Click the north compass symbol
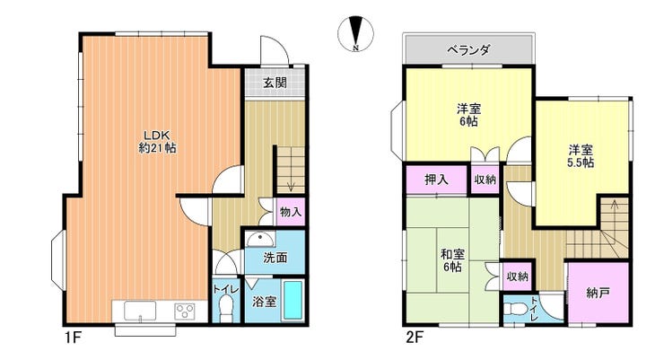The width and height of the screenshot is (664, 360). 355,34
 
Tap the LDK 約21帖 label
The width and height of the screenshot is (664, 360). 158,142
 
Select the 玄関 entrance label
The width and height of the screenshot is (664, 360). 275,83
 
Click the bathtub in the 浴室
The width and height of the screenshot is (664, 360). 293,301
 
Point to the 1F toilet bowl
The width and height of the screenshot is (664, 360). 225,307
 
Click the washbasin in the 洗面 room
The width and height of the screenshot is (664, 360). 260,240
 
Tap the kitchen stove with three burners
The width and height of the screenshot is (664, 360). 185,312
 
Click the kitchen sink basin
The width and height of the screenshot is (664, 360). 140,311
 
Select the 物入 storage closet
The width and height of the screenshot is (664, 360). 291,211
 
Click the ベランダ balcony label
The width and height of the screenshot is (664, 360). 468,50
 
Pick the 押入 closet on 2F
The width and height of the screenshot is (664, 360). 436,180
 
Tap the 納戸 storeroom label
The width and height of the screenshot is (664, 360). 598,293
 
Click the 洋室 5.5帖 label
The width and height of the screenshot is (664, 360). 581,156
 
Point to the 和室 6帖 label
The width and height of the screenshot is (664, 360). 453,260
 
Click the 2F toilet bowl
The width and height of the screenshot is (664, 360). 513,310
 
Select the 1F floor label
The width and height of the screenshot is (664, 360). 73,338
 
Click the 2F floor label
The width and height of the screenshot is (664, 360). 415,338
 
